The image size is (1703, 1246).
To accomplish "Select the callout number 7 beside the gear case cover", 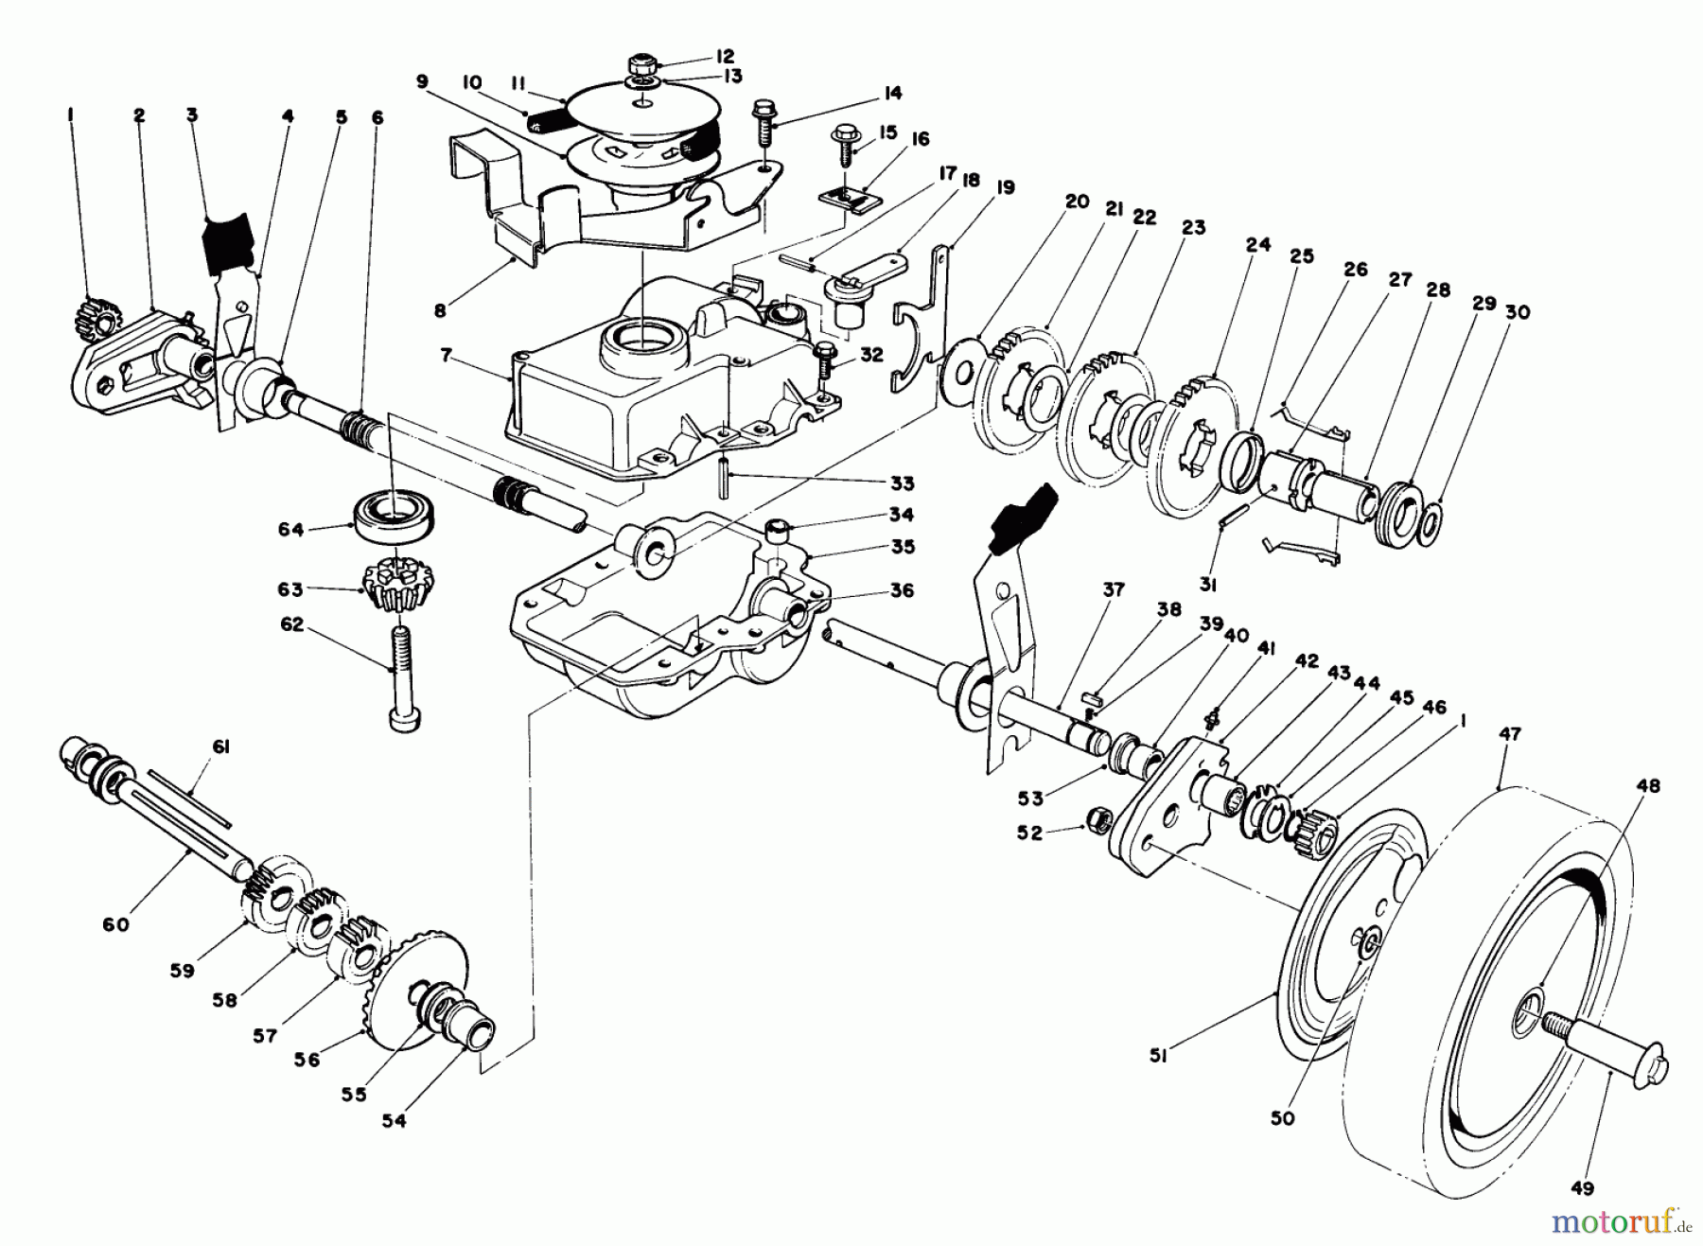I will coord(445,357).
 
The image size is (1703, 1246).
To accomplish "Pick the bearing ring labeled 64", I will coord(389,516).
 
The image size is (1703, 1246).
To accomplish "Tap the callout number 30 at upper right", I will coord(1517,312).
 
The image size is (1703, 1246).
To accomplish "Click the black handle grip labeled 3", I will coord(228,241).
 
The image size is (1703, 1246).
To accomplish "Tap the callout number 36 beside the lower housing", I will coord(902,590).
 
